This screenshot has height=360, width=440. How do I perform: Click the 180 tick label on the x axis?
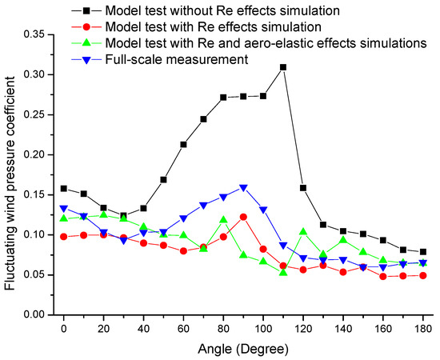pyautogui.click(x=423, y=327)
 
